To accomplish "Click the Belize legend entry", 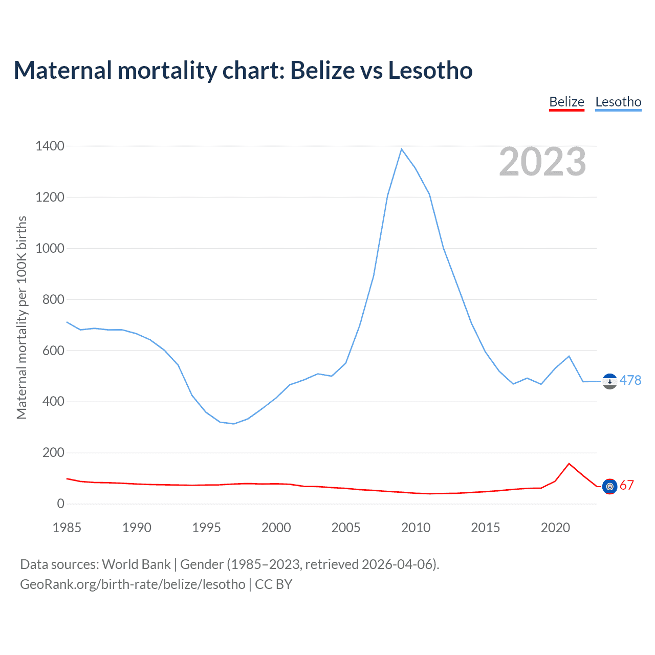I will [566, 102].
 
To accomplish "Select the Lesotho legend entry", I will [618, 102].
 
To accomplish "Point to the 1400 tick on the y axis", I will [50, 146].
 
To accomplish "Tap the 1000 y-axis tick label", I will [50, 249].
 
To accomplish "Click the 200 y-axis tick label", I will [53, 453].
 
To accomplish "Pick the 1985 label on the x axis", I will [67, 528].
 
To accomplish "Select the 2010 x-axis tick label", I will [416, 528].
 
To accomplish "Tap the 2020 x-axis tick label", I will [555, 528].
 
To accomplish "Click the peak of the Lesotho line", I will [402, 149].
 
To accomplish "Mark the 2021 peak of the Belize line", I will [569, 464].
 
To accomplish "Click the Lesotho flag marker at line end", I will [609, 381].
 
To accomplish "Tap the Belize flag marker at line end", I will [609, 487].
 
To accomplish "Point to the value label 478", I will [630, 380].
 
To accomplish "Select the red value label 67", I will [627, 486].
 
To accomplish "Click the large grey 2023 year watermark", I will [542, 162].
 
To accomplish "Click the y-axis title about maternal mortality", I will [21, 317].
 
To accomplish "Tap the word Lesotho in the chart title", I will [430, 70].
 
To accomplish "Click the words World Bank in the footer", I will [136, 564].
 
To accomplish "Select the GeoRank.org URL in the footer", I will [133, 584].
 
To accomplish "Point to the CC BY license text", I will [273, 584].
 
